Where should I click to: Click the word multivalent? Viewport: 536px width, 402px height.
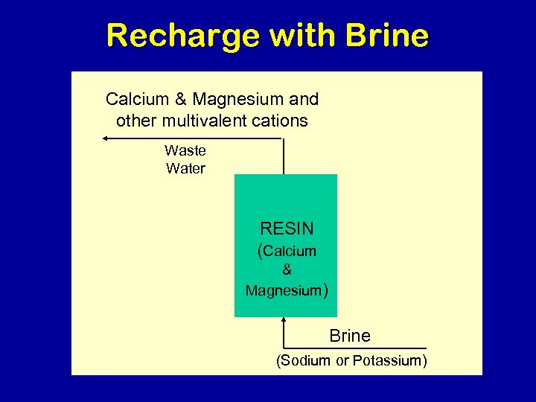click(x=210, y=121)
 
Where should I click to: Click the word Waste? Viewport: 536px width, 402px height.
click(x=185, y=150)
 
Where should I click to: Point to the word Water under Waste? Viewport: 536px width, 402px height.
click(x=185, y=168)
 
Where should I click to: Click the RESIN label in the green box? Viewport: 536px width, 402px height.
click(x=287, y=229)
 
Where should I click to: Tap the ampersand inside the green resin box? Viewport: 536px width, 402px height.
click(x=287, y=271)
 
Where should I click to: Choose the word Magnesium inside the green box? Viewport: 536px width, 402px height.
click(x=283, y=290)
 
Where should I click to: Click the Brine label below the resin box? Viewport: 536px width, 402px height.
click(x=350, y=336)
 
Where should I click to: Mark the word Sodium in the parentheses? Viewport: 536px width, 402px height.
click(x=304, y=361)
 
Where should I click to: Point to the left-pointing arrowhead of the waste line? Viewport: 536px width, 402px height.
click(x=106, y=138)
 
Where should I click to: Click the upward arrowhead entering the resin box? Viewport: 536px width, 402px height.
click(x=284, y=321)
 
